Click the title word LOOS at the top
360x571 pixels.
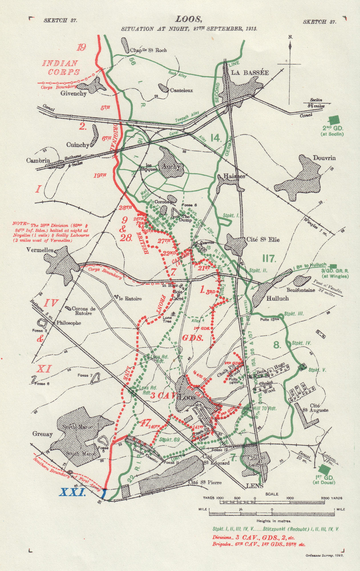pyautogui.click(x=189, y=19)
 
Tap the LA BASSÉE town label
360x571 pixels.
pyautogui.click(x=250, y=73)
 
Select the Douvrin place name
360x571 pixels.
pyautogui.click(x=324, y=158)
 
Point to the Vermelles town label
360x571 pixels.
pyautogui.click(x=40, y=250)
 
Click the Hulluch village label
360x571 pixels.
pyautogui.click(x=277, y=298)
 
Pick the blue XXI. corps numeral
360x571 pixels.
pyautogui.click(x=72, y=492)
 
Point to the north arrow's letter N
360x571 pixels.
pyautogui.click(x=290, y=37)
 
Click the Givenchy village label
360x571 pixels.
pyautogui.click(x=73, y=93)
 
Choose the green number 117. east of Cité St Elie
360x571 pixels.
pyautogui.click(x=269, y=259)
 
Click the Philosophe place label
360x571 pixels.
pyautogui.click(x=68, y=323)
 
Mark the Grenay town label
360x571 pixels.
pyautogui.click(x=42, y=434)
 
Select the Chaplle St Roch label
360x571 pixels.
pyautogui.click(x=148, y=50)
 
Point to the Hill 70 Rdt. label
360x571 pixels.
pyautogui.click(x=265, y=408)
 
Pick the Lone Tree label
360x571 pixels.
pyautogui.click(x=167, y=319)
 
